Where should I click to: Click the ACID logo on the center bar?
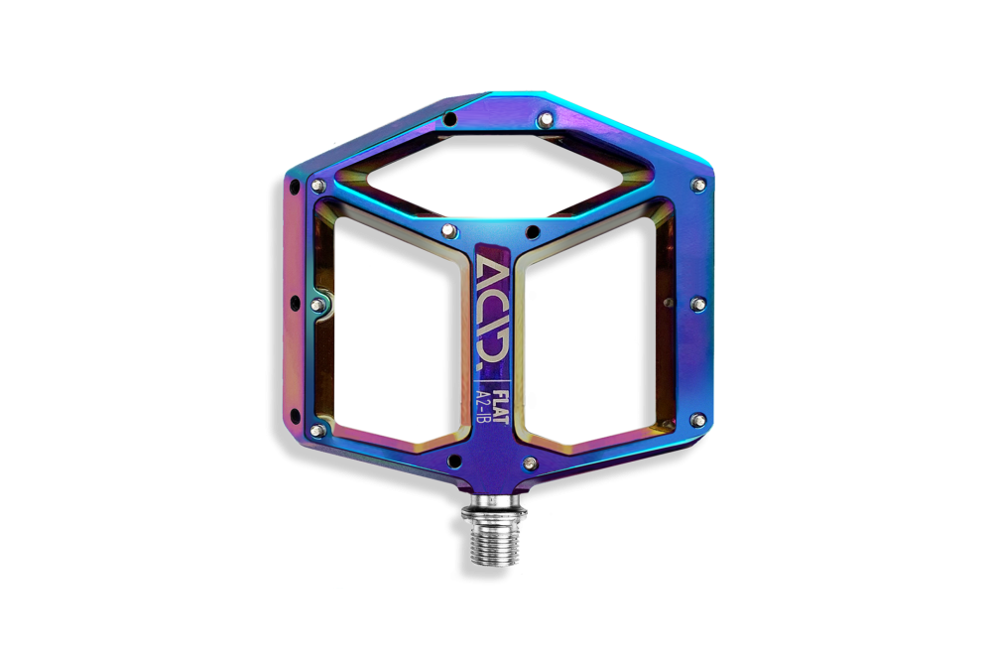click(x=492, y=312)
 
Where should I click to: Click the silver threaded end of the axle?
click(x=495, y=543)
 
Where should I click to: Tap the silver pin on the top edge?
click(x=545, y=120)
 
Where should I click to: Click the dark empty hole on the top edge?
click(x=449, y=118)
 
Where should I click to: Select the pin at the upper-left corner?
click(x=318, y=186)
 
